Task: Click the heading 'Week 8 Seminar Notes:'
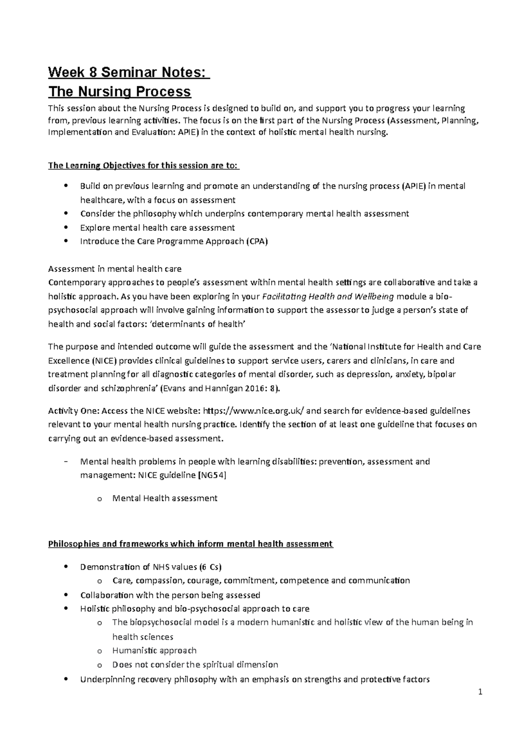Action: pos(128,72)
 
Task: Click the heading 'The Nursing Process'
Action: pos(119,92)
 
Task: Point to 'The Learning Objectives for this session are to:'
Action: pos(143,166)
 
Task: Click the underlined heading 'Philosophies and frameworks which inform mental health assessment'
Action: pos(190,544)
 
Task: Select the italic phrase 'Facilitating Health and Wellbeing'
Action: pos(328,297)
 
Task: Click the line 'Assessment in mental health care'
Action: pos(115,269)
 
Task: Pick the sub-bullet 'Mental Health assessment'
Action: pos(165,498)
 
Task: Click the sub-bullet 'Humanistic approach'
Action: pos(154,651)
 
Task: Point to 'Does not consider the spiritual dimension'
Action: pos(195,664)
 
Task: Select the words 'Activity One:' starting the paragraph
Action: pos(73,410)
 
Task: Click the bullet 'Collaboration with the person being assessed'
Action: pos(170,595)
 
